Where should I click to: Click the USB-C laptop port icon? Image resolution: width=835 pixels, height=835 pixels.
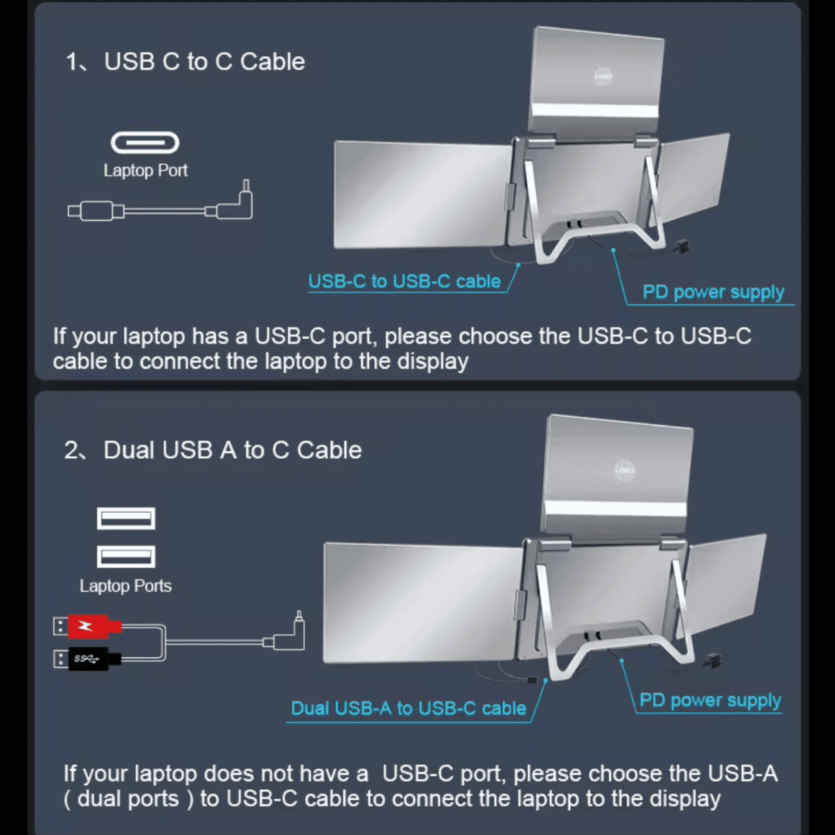pyautogui.click(x=145, y=143)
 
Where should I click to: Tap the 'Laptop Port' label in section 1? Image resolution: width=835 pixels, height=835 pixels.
pyautogui.click(x=145, y=171)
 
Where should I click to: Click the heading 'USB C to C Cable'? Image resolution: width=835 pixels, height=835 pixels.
pyautogui.click(x=204, y=61)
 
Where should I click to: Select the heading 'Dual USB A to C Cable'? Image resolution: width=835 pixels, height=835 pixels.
pyautogui.click(x=232, y=450)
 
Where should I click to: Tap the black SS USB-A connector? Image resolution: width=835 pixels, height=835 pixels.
pyautogui.click(x=89, y=659)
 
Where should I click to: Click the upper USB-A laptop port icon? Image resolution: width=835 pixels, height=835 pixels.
pyautogui.click(x=126, y=518)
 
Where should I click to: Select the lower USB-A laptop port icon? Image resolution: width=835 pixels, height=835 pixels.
pyautogui.click(x=126, y=557)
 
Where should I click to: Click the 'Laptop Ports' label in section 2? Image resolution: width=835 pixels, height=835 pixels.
pyautogui.click(x=125, y=586)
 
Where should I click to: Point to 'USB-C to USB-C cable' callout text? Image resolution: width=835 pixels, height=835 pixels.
pyautogui.click(x=404, y=281)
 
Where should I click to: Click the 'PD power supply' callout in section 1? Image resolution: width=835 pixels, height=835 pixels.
pyautogui.click(x=713, y=292)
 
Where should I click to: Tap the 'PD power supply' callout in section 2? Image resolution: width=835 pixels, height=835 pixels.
pyautogui.click(x=710, y=700)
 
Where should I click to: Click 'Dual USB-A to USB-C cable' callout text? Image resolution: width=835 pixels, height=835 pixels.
pyautogui.click(x=408, y=708)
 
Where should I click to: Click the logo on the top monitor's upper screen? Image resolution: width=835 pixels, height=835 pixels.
pyautogui.click(x=602, y=76)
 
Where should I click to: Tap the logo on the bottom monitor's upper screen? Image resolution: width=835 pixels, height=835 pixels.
pyautogui.click(x=624, y=470)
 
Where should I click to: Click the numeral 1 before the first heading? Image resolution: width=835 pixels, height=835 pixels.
pyautogui.click(x=71, y=61)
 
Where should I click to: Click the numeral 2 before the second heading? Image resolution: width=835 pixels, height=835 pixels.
pyautogui.click(x=71, y=450)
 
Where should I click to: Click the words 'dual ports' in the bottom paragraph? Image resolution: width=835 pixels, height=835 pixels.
pyautogui.click(x=128, y=798)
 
